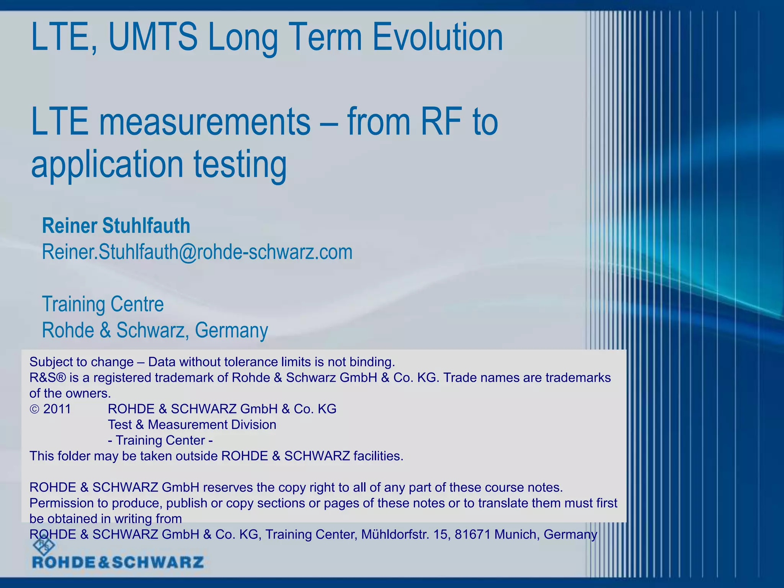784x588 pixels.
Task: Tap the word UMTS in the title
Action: (x=153, y=37)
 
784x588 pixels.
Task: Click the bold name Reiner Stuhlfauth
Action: (x=116, y=225)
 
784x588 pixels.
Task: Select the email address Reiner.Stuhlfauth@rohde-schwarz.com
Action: (x=197, y=252)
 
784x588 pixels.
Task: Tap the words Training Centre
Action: (x=103, y=304)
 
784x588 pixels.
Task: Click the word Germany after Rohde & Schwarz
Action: (x=231, y=330)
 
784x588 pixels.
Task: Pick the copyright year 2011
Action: (x=57, y=409)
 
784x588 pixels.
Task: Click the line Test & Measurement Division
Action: (x=192, y=425)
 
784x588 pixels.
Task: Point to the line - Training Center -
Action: (x=160, y=440)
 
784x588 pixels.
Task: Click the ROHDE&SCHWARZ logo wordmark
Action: (x=118, y=562)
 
